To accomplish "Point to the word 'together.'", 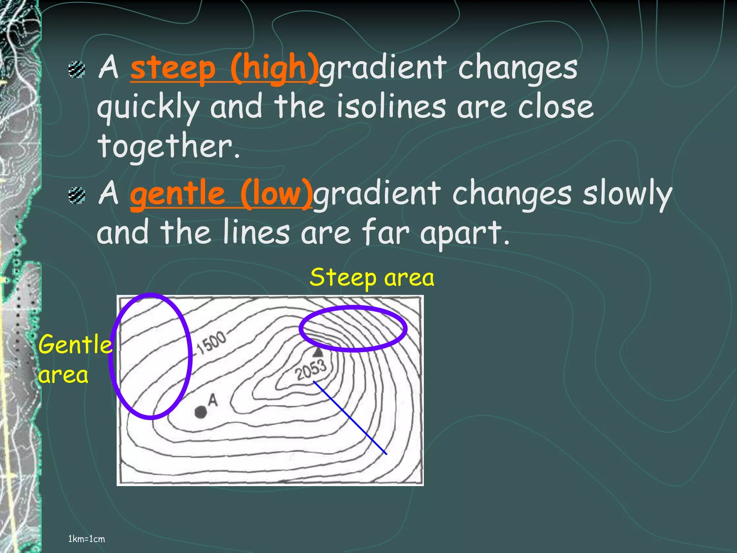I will [168, 146].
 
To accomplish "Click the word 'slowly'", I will [627, 194].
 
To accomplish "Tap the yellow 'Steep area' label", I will [372, 278].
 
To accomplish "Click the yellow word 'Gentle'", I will [75, 344].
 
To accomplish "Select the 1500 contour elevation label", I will [212, 342].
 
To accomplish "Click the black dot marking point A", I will [200, 412].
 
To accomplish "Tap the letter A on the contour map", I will [213, 400].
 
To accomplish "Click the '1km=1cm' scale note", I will [86, 539].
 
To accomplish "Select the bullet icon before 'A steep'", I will [77, 69].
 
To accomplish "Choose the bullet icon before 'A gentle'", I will [77, 195].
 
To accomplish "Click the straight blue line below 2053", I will [350, 418].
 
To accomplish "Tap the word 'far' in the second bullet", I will [385, 232].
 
